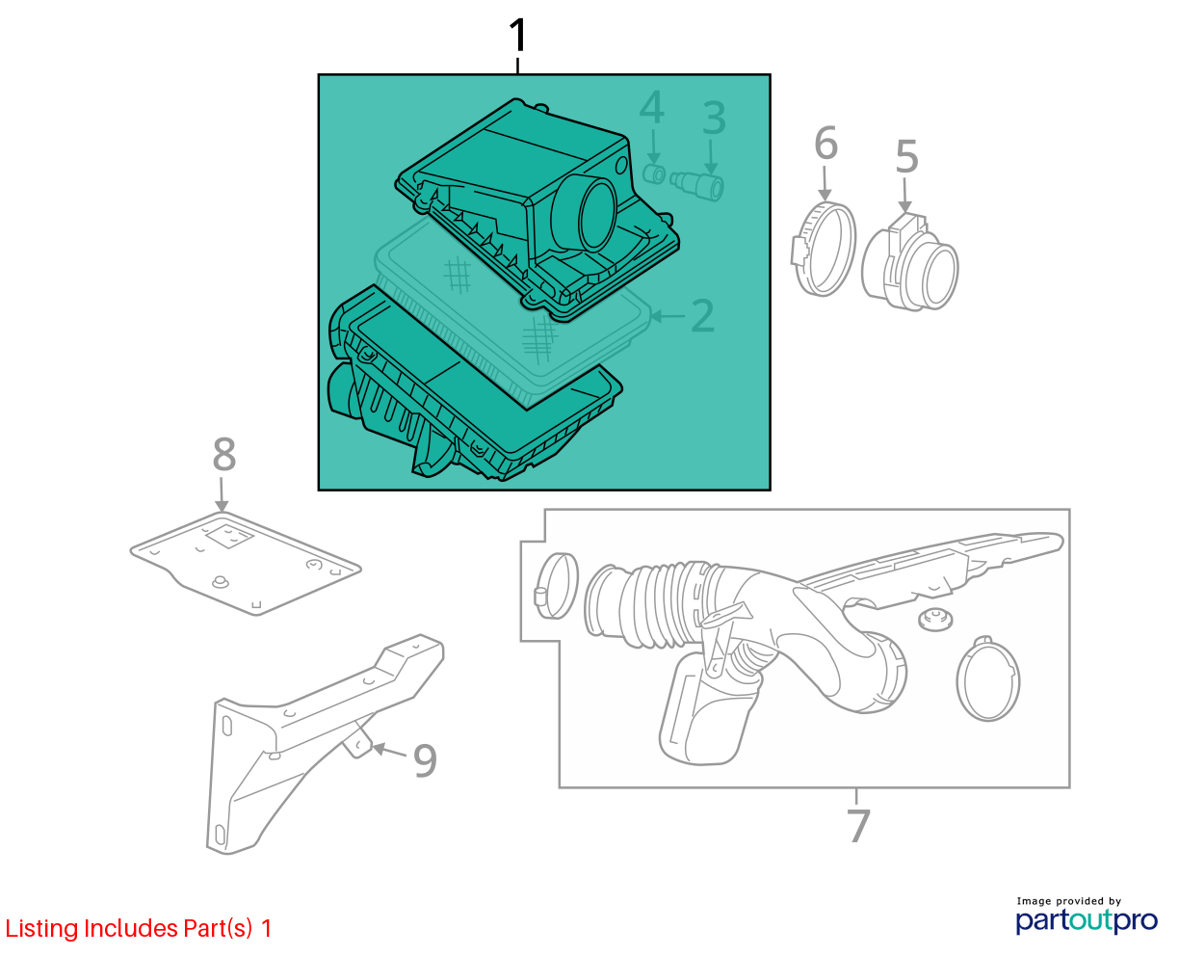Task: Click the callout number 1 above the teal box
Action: coord(517,36)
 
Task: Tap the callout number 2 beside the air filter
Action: coord(702,316)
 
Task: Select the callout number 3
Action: coord(714,118)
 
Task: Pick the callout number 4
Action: coord(651,107)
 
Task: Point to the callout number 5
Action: coord(906,156)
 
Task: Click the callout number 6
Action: coord(825,143)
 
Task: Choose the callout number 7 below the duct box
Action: coord(858,825)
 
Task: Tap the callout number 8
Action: coord(224,454)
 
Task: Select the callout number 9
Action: coord(425,761)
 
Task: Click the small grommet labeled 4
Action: coord(654,174)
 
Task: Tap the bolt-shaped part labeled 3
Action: coord(697,185)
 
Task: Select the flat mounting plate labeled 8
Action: coord(246,564)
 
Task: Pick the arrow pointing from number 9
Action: coord(389,751)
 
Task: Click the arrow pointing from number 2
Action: coord(668,316)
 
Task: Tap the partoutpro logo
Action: coord(1086,921)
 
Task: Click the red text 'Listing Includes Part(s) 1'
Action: coord(139,928)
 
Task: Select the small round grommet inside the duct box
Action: coord(935,620)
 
